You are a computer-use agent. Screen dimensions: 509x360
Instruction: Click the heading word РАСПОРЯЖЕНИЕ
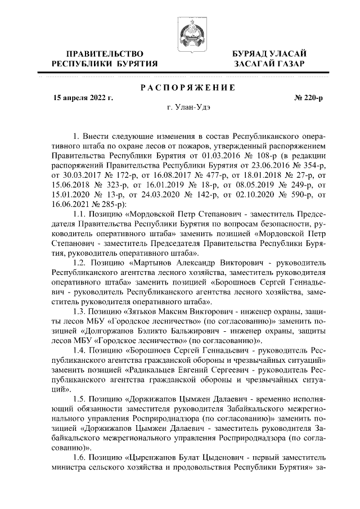click(x=180, y=87)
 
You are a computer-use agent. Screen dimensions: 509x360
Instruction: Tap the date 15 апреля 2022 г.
click(x=83, y=98)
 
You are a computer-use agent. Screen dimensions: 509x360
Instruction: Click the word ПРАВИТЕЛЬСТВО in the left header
click(x=104, y=53)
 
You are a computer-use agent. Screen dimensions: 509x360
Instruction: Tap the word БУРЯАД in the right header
click(x=251, y=53)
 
